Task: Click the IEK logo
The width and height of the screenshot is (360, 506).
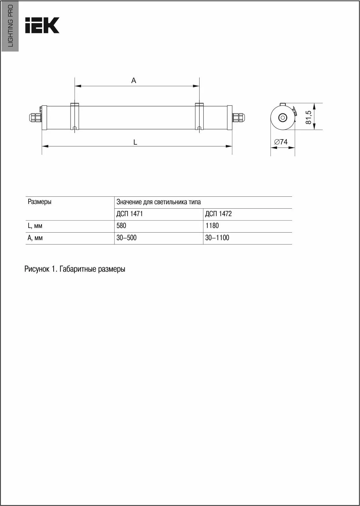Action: pyautogui.click(x=42, y=25)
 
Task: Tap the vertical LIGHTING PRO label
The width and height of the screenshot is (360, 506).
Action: pyautogui.click(x=10, y=26)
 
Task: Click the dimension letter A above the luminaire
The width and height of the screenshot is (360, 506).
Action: pyautogui.click(x=134, y=81)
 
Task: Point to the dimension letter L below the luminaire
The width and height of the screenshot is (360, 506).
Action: pyautogui.click(x=135, y=142)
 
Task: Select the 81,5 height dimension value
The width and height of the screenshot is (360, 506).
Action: pyautogui.click(x=309, y=117)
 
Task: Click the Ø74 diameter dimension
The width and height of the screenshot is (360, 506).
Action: pyautogui.click(x=281, y=142)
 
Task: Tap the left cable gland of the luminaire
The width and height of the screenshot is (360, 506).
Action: pyautogui.click(x=34, y=117)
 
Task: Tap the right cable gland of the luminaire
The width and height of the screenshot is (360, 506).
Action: pyautogui.click(x=238, y=117)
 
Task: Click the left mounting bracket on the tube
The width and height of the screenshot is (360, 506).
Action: pyautogui.click(x=75, y=117)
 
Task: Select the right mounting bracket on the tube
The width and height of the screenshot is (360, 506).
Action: pyautogui.click(x=199, y=117)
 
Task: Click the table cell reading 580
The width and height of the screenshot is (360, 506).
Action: pyautogui.click(x=121, y=226)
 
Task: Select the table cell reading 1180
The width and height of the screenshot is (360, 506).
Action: pyautogui.click(x=212, y=226)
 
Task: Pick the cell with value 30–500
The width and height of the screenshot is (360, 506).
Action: pyautogui.click(x=126, y=238)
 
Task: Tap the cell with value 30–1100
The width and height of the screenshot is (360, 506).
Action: pyautogui.click(x=217, y=238)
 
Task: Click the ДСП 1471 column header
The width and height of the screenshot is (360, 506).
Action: pyautogui.click(x=130, y=214)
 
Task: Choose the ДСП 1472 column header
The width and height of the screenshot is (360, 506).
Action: pyautogui.click(x=218, y=214)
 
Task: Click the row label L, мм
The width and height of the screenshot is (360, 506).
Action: pyautogui.click(x=35, y=226)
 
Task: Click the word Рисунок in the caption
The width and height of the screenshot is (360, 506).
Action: pyautogui.click(x=37, y=269)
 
